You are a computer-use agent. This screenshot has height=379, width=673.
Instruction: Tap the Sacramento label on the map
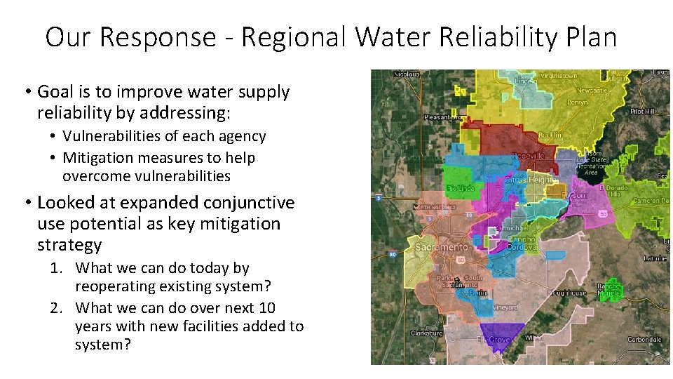pos(442,248)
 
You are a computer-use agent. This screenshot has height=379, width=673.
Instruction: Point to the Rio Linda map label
pos(460,188)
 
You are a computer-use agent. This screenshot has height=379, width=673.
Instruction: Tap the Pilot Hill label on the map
pos(641,112)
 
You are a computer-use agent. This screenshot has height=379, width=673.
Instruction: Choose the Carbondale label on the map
pos(643,340)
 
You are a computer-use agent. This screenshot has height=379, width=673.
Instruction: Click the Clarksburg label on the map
pos(426,333)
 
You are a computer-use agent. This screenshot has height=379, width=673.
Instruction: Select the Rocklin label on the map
pos(550,135)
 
